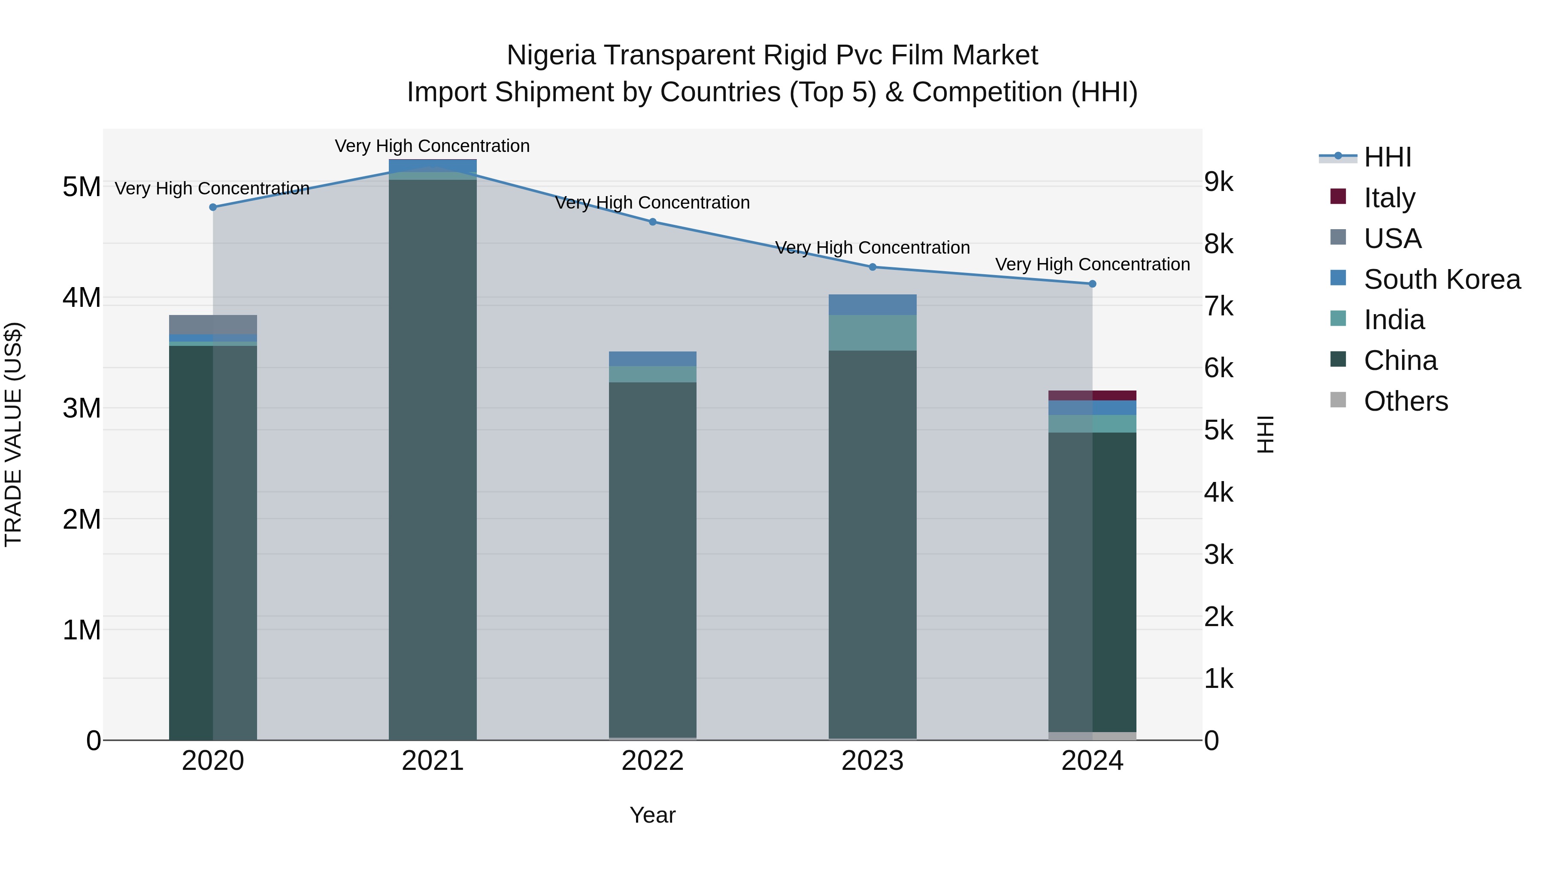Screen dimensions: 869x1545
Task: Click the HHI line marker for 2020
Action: click(213, 207)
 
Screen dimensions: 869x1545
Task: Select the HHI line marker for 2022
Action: click(652, 222)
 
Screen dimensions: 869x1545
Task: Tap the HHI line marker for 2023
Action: click(872, 267)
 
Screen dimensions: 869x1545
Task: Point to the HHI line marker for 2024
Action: click(1092, 284)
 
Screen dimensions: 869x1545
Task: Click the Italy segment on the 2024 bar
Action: click(1092, 395)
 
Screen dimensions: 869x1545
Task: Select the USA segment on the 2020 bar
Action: click(213, 324)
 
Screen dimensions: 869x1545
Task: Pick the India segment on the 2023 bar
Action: click(872, 333)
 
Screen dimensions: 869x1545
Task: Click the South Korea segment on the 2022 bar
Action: click(652, 359)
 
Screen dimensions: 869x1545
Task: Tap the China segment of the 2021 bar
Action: click(433, 456)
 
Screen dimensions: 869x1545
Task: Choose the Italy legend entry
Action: click(1389, 198)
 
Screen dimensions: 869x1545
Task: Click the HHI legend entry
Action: click(1387, 157)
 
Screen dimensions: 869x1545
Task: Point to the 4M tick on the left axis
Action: click(82, 297)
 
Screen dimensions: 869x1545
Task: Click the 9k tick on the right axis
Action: click(1219, 182)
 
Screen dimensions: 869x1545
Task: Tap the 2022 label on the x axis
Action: click(652, 761)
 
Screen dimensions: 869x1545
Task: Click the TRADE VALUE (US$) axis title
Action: click(13, 434)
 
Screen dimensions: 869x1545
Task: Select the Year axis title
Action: click(652, 815)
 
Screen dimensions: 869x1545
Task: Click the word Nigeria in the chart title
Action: click(551, 55)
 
